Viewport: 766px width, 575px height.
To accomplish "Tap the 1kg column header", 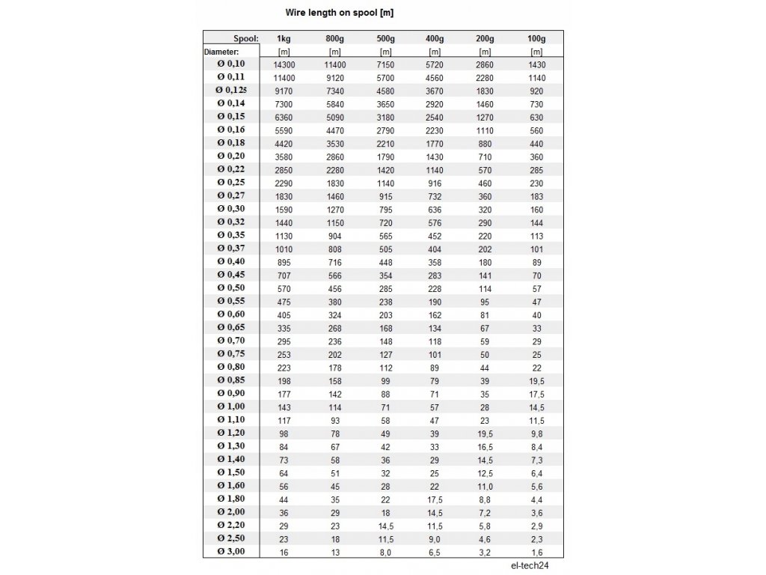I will pos(284,38).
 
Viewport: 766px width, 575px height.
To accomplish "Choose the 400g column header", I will pos(434,38).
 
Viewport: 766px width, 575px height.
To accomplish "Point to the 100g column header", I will pos(536,38).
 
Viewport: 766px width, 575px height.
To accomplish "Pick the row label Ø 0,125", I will pos(231,90).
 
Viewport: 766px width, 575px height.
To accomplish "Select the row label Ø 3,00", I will pos(231,552).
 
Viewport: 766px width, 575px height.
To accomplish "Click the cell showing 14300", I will pos(284,64).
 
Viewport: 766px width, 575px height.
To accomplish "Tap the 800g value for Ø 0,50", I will pos(334,288).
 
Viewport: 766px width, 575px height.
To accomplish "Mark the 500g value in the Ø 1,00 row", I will pos(385,407).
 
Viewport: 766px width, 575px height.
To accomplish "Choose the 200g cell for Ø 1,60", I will pos(485,486).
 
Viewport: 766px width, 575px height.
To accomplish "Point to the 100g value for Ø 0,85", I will pos(536,380).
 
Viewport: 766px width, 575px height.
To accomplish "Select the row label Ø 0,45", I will pos(231,275).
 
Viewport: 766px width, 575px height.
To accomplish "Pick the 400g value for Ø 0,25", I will pos(434,183).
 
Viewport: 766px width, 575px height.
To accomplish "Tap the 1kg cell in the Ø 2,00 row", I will pos(284,512).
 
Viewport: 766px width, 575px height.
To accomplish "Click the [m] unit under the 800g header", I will pos(334,52).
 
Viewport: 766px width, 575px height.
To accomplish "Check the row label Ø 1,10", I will pos(231,420).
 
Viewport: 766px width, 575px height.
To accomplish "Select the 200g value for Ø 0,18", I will pos(485,143).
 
